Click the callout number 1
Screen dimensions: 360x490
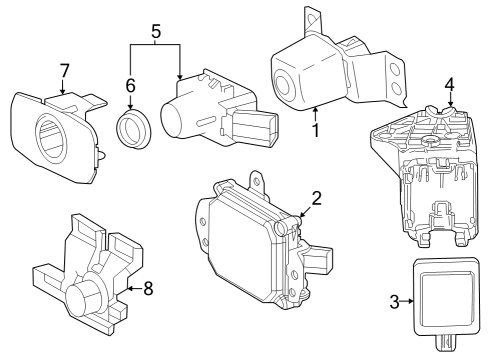tap(317, 129)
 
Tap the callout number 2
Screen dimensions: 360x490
tap(316, 198)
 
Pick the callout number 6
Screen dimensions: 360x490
tap(130, 87)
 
